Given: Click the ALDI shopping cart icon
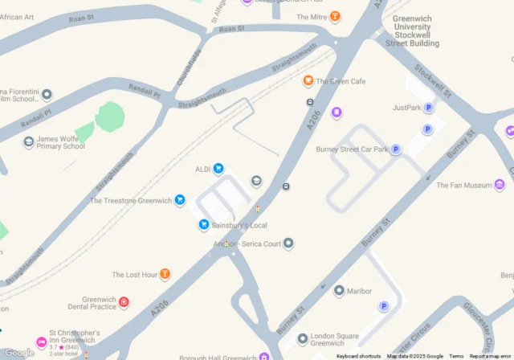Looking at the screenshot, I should coord(218,169).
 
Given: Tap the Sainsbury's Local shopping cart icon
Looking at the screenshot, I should coord(204,225).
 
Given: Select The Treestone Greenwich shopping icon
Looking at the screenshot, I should coord(180,200).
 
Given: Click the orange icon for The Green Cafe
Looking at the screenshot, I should coord(308,81).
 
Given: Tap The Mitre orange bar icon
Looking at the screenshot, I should coord(335,17).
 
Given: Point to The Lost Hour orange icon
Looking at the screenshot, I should coord(165,275).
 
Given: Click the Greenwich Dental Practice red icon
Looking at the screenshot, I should coord(124,303).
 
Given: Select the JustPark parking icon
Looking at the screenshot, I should coord(429,108).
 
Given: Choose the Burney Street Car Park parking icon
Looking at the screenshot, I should coord(396,149).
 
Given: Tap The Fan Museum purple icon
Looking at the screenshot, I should coord(500,186).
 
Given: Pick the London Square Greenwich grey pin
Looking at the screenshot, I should coord(303,338).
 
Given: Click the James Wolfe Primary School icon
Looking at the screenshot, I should coord(29,142).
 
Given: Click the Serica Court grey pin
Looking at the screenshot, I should coord(289,243).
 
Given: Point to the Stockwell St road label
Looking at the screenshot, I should coord(440,80).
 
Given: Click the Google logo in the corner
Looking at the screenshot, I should coord(18,352).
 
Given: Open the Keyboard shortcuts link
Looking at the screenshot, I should coord(358,356).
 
